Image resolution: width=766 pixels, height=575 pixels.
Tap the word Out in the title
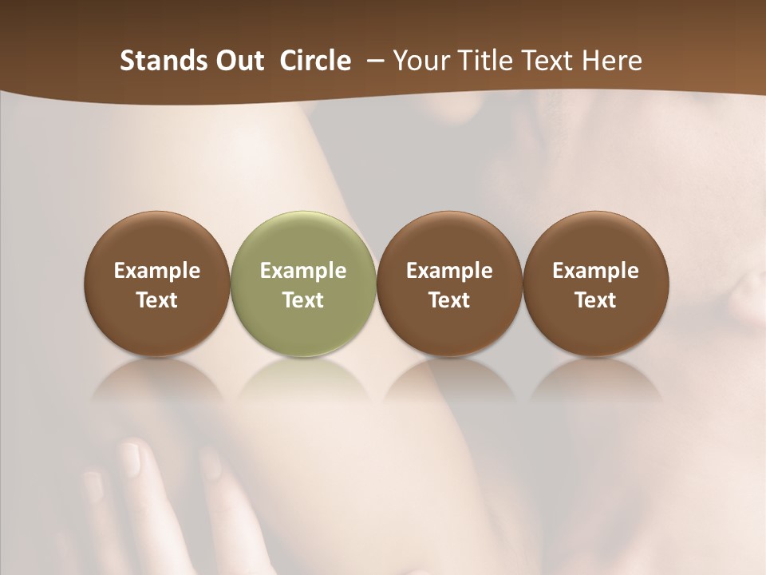(239, 61)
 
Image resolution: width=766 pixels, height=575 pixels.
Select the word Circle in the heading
(315, 61)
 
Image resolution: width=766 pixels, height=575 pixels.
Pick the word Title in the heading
(487, 61)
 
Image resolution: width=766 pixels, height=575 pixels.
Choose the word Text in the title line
(549, 61)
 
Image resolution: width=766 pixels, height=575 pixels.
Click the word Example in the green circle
(303, 271)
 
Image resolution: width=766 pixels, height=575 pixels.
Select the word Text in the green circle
(303, 300)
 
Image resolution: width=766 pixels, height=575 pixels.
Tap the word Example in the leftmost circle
(157, 271)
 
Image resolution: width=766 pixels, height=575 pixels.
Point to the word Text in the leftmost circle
(157, 300)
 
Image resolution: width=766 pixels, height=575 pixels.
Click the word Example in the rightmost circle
(595, 271)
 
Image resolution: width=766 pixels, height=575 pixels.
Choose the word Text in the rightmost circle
(595, 300)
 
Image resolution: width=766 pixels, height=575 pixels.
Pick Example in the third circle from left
(449, 271)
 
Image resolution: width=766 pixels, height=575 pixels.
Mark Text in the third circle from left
(449, 300)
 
